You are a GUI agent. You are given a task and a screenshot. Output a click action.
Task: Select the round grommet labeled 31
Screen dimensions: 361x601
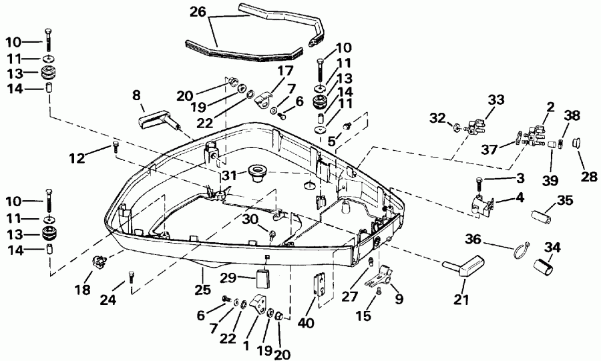click(x=254, y=172)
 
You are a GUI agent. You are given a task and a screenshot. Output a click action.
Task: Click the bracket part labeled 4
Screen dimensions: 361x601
click(x=483, y=204)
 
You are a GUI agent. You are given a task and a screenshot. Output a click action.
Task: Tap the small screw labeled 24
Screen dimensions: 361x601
click(x=131, y=274)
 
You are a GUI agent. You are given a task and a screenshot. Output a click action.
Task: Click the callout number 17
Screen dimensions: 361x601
click(x=285, y=69)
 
